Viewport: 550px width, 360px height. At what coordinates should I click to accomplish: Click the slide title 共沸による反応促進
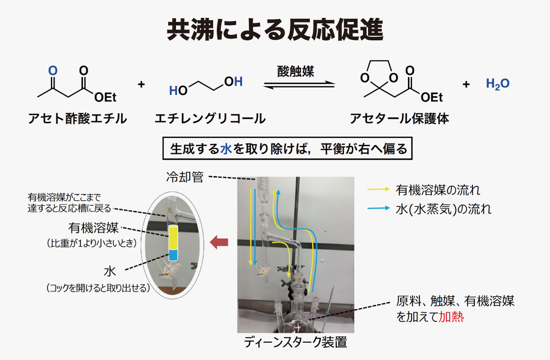275,29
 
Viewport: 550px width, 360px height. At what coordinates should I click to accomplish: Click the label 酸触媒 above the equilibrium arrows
296,72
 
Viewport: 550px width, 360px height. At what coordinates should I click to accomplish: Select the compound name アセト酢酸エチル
77,118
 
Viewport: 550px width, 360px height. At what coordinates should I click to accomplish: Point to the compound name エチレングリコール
210,118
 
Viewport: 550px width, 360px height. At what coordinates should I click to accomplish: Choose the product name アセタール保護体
400,118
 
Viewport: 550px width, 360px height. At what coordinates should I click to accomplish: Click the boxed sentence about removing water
287,149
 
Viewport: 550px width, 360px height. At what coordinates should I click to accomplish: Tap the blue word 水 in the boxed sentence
226,149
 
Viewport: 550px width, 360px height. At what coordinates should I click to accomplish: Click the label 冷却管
185,177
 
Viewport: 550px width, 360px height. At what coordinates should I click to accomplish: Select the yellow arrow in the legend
379,189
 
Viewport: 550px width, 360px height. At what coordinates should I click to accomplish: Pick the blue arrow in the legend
379,208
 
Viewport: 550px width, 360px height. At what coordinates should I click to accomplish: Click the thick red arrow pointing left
219,242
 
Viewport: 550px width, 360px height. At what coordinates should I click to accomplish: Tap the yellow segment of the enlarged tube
173,238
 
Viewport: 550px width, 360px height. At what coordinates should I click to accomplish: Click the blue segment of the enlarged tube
173,255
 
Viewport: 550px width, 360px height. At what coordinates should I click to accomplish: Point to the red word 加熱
451,317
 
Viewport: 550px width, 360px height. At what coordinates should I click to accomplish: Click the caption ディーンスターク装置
295,342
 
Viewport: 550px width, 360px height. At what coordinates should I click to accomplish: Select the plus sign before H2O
466,84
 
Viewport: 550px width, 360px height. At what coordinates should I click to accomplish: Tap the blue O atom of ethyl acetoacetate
53,71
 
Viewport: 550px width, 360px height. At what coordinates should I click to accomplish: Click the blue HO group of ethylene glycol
178,91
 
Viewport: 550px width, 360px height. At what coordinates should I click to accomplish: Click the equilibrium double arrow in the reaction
300,85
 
